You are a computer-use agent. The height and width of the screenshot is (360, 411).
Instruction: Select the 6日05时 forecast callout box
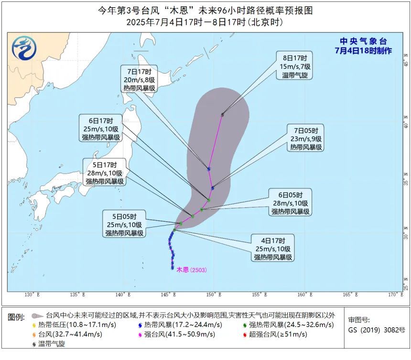[291, 203]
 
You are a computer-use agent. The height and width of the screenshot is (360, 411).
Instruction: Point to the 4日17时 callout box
[273, 249]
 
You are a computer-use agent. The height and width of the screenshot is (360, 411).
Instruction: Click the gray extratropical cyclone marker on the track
[223, 114]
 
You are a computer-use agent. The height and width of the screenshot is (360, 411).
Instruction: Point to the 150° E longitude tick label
[213, 295]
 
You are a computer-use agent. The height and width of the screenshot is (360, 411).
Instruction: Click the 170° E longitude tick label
[394, 295]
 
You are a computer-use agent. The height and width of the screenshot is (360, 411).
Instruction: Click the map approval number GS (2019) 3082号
[376, 329]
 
